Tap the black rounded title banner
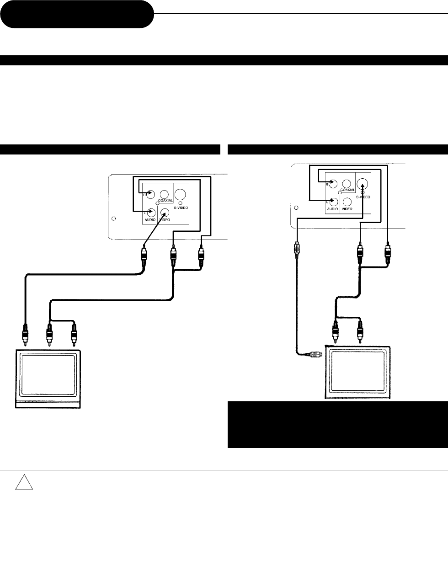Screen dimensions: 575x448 [x=76, y=14]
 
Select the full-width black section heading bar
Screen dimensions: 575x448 [x=224, y=60]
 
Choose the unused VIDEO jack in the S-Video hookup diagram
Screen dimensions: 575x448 [x=347, y=201]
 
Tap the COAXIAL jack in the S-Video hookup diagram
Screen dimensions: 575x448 [x=347, y=184]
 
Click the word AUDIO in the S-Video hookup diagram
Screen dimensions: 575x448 [x=332, y=208]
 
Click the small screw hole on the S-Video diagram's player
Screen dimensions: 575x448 [x=296, y=208]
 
